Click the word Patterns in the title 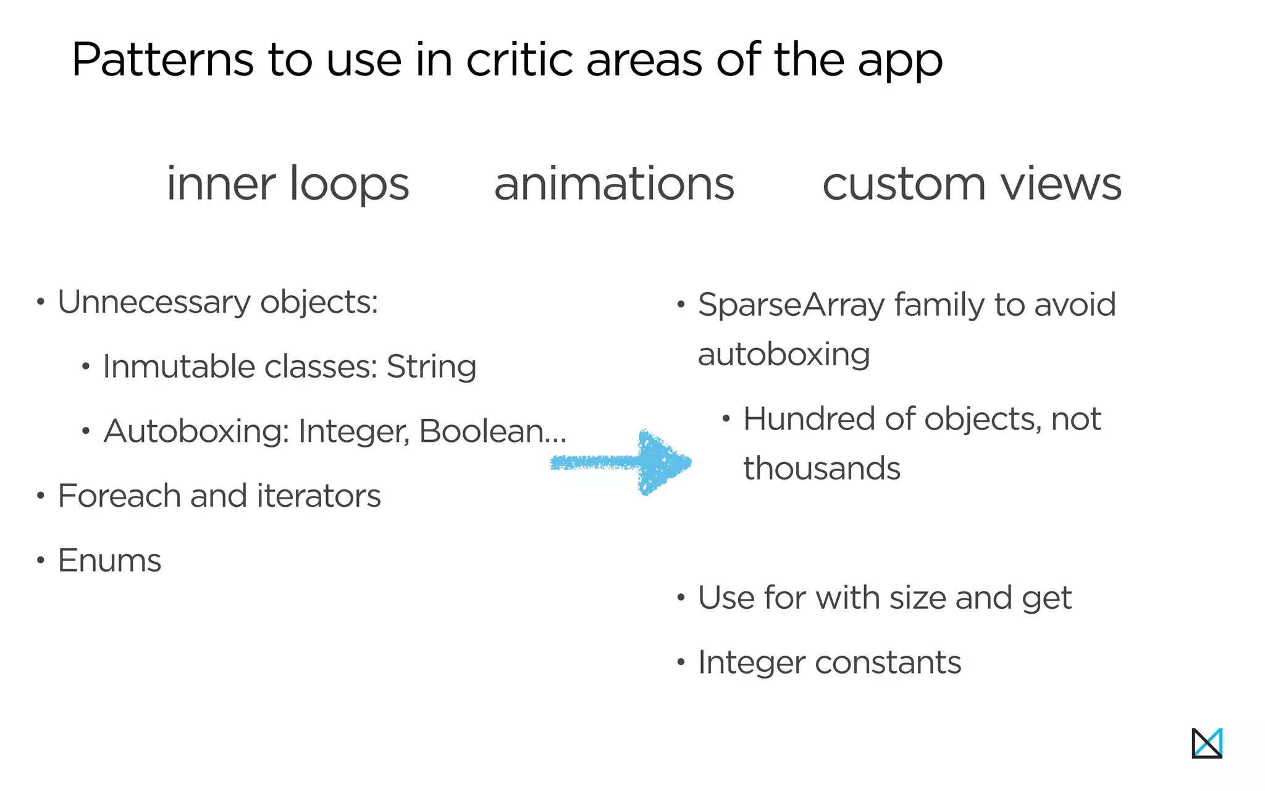click(x=162, y=60)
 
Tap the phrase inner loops click(x=288, y=184)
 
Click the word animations click(x=614, y=184)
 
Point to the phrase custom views click(x=972, y=184)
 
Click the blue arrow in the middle click(x=624, y=462)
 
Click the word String click(x=431, y=366)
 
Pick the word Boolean click(x=482, y=431)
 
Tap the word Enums click(x=109, y=560)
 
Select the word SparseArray click(x=791, y=305)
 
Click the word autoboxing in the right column click(x=784, y=355)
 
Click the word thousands click(x=822, y=468)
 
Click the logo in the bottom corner click(x=1207, y=743)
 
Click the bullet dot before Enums click(x=41, y=560)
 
